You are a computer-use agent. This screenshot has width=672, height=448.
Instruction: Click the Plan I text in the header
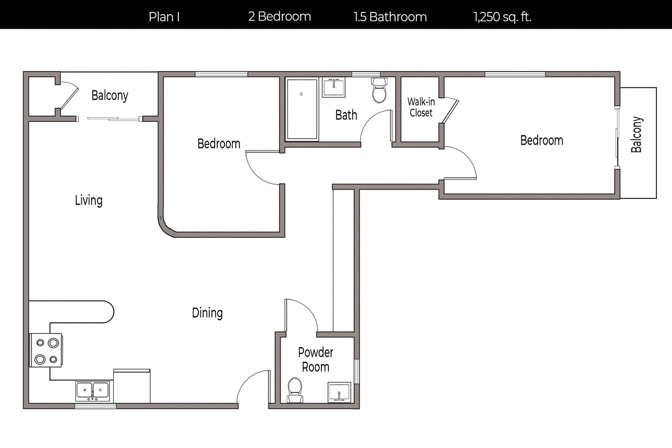tap(164, 17)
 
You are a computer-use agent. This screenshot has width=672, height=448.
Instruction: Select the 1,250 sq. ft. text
tap(502, 17)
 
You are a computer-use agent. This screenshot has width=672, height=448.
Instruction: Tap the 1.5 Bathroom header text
tap(390, 17)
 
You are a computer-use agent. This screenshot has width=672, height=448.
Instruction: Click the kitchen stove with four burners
tap(46, 350)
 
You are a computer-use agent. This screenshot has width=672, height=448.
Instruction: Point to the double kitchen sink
tap(93, 391)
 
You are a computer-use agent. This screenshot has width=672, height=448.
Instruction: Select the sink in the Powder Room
tap(339, 392)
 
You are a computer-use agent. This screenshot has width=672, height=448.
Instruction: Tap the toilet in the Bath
tap(379, 90)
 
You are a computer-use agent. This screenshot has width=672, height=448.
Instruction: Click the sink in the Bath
tap(333, 87)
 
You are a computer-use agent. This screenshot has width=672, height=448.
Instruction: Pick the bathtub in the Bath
tap(302, 109)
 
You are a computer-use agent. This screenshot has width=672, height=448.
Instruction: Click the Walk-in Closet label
tap(421, 107)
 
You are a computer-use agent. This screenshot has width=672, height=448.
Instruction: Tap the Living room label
tap(89, 200)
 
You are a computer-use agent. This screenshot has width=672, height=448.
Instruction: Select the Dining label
tap(207, 313)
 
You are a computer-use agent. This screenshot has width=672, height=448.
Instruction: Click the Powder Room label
tap(315, 360)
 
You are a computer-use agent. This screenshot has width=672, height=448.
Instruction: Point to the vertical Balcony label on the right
tap(637, 134)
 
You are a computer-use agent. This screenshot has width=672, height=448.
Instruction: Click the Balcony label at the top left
tap(110, 96)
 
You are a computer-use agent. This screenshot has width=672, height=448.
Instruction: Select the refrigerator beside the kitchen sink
tap(132, 386)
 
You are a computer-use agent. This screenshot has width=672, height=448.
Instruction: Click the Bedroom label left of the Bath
tap(218, 144)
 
